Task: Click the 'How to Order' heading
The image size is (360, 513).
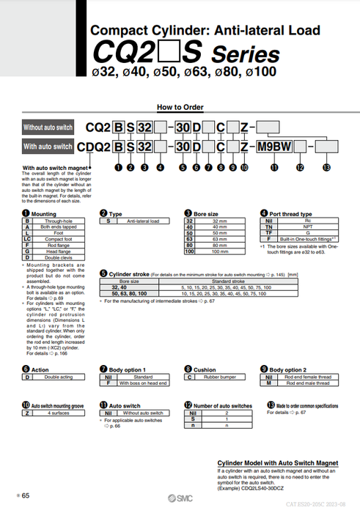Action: click(x=180, y=107)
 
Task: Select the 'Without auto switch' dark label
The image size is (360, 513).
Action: click(x=48, y=126)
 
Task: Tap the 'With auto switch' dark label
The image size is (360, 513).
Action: click(x=48, y=147)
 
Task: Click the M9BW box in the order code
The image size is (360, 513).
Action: click(x=271, y=147)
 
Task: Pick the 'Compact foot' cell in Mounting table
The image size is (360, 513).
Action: click(x=58, y=239)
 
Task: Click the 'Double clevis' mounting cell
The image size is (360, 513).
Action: click(x=58, y=258)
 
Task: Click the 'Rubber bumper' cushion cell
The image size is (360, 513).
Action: click(x=220, y=377)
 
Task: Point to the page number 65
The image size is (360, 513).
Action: click(x=26, y=496)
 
